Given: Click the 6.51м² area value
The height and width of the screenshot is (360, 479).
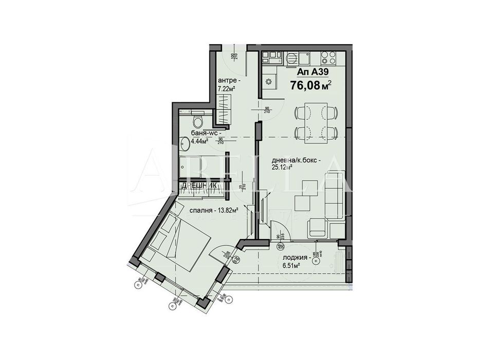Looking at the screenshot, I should (x=291, y=265).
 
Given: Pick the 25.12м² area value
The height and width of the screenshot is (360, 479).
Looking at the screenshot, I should (x=282, y=167).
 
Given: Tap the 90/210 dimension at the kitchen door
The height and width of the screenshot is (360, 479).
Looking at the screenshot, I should (x=267, y=109).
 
